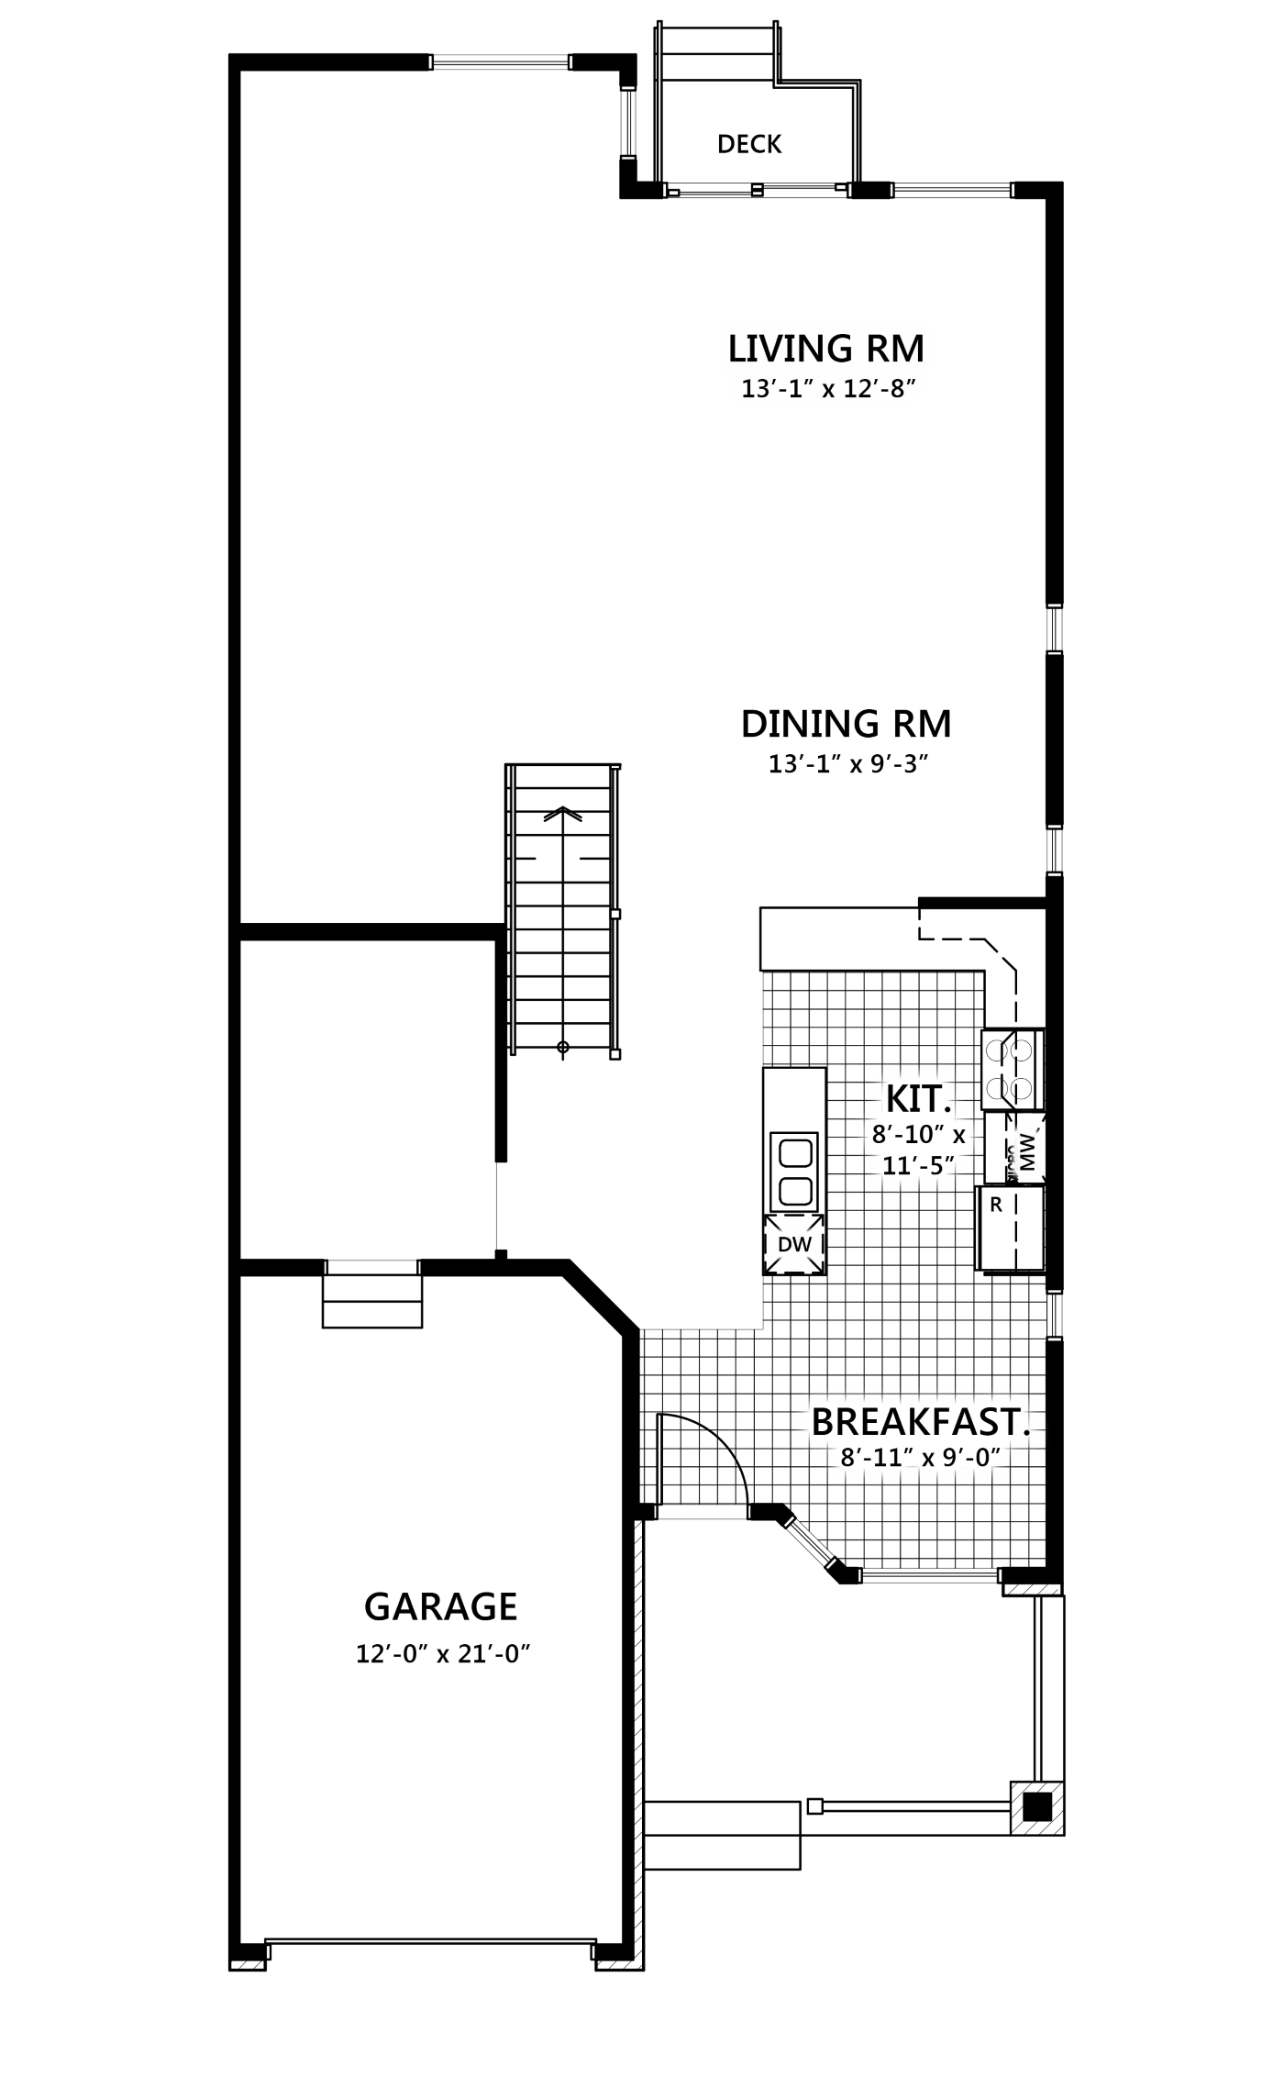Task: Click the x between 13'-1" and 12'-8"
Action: click(x=828, y=391)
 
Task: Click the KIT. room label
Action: click(x=917, y=1098)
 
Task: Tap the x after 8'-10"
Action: click(x=959, y=1137)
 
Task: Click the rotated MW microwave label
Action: click(x=1027, y=1151)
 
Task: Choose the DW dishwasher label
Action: click(x=794, y=1245)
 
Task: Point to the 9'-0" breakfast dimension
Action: click(x=970, y=1457)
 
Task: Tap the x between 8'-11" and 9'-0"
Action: click(x=928, y=1459)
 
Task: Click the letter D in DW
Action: click(x=785, y=1245)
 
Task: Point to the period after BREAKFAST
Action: click(x=1025, y=1433)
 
